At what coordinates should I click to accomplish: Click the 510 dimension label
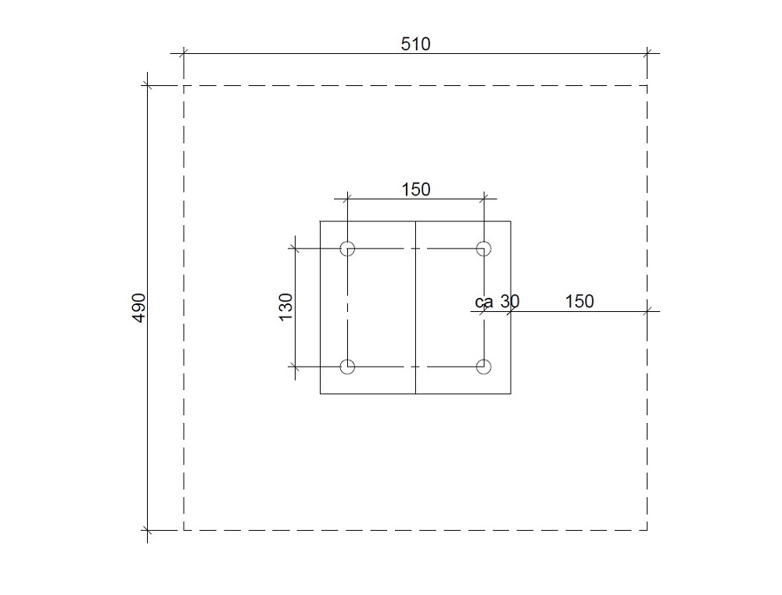[x=415, y=44]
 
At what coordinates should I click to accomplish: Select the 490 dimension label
[x=139, y=308]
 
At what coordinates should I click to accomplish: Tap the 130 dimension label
[x=285, y=307]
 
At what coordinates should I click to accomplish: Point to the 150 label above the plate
[x=416, y=189]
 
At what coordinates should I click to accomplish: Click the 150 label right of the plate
[x=579, y=301]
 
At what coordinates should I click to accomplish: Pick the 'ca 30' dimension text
[x=497, y=301]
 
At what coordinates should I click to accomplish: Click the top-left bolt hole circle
[x=348, y=249]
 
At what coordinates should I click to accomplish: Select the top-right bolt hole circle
[x=484, y=249]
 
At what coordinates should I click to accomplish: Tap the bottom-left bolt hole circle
[x=348, y=367]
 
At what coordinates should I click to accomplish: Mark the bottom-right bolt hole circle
[x=484, y=367]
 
